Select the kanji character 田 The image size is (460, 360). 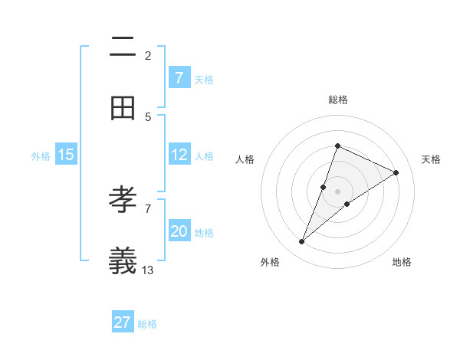(x=123, y=108)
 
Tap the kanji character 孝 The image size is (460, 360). (x=123, y=200)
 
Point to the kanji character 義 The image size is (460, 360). (x=123, y=260)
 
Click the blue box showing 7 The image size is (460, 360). (x=179, y=77)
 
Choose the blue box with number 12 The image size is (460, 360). (x=179, y=155)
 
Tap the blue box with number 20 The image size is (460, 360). (x=179, y=231)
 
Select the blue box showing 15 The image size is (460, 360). (x=66, y=155)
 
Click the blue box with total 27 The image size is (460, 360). (x=123, y=322)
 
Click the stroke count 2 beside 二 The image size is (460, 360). (x=148, y=55)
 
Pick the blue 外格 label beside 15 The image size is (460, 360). (x=41, y=155)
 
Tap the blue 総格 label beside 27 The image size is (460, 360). (x=147, y=324)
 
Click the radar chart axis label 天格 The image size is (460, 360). (x=431, y=159)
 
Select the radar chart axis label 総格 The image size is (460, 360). (x=337, y=100)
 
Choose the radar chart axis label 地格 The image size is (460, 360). (x=402, y=262)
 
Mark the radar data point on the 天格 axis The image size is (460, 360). (x=396, y=172)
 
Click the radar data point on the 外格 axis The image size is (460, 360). (x=302, y=242)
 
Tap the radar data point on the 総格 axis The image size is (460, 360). (x=337, y=146)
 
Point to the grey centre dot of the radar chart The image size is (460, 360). (x=337, y=191)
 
